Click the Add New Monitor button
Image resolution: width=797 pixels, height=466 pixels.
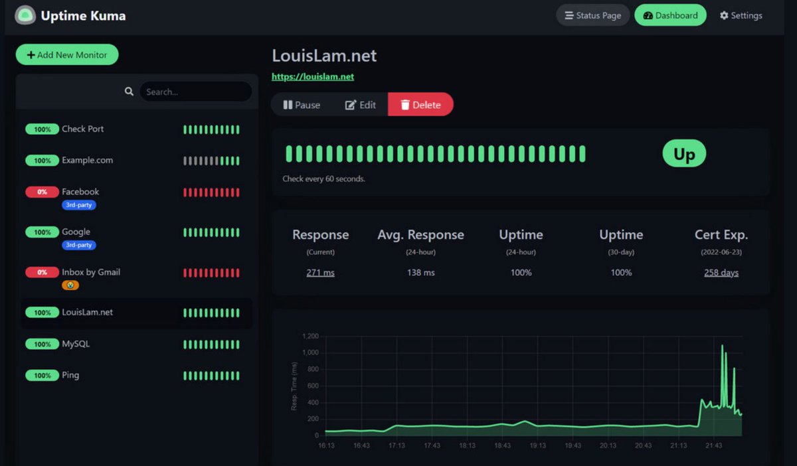pyautogui.click(x=66, y=55)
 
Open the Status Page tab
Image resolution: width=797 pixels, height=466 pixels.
pyautogui.click(x=592, y=15)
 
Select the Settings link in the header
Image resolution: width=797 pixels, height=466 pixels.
pyautogui.click(x=741, y=15)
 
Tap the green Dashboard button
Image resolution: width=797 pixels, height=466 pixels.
pyautogui.click(x=670, y=15)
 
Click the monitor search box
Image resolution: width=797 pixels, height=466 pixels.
pyautogui.click(x=195, y=92)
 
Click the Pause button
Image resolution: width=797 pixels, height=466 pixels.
pyautogui.click(x=302, y=105)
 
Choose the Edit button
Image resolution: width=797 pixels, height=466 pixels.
pyautogui.click(x=361, y=105)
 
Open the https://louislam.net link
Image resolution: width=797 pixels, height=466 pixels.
pyautogui.click(x=313, y=76)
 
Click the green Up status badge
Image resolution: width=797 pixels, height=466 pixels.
pyautogui.click(x=684, y=154)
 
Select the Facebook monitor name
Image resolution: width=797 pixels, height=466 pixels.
pyautogui.click(x=80, y=192)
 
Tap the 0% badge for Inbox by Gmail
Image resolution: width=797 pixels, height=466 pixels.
pyautogui.click(x=42, y=272)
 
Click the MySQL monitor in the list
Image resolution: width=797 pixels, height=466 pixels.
pyautogui.click(x=76, y=344)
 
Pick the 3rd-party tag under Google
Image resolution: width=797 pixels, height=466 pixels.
pyautogui.click(x=78, y=245)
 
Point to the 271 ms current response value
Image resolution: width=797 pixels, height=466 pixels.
pyautogui.click(x=320, y=272)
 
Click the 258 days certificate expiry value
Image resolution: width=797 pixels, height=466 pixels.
pyautogui.click(x=721, y=272)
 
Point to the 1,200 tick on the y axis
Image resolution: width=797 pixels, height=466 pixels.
pyautogui.click(x=310, y=337)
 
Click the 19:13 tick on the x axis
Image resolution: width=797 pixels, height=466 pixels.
pyautogui.click(x=537, y=445)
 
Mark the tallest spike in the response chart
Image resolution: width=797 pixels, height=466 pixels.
pyautogui.click(x=722, y=346)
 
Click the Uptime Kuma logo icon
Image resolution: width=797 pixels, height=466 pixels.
pyautogui.click(x=25, y=15)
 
